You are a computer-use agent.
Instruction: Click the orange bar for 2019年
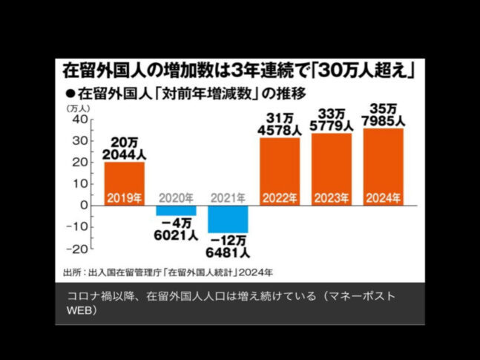[x=124, y=183]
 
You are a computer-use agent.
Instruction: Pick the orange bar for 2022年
[x=280, y=171]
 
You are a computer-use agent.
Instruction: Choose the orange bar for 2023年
[x=332, y=168]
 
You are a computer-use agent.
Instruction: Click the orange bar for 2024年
[x=384, y=166]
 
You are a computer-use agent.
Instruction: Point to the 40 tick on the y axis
[x=79, y=120]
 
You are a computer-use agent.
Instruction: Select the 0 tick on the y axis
[x=85, y=206]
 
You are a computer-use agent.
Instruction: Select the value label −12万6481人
[x=228, y=246]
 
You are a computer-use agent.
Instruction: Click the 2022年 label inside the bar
[x=280, y=197]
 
